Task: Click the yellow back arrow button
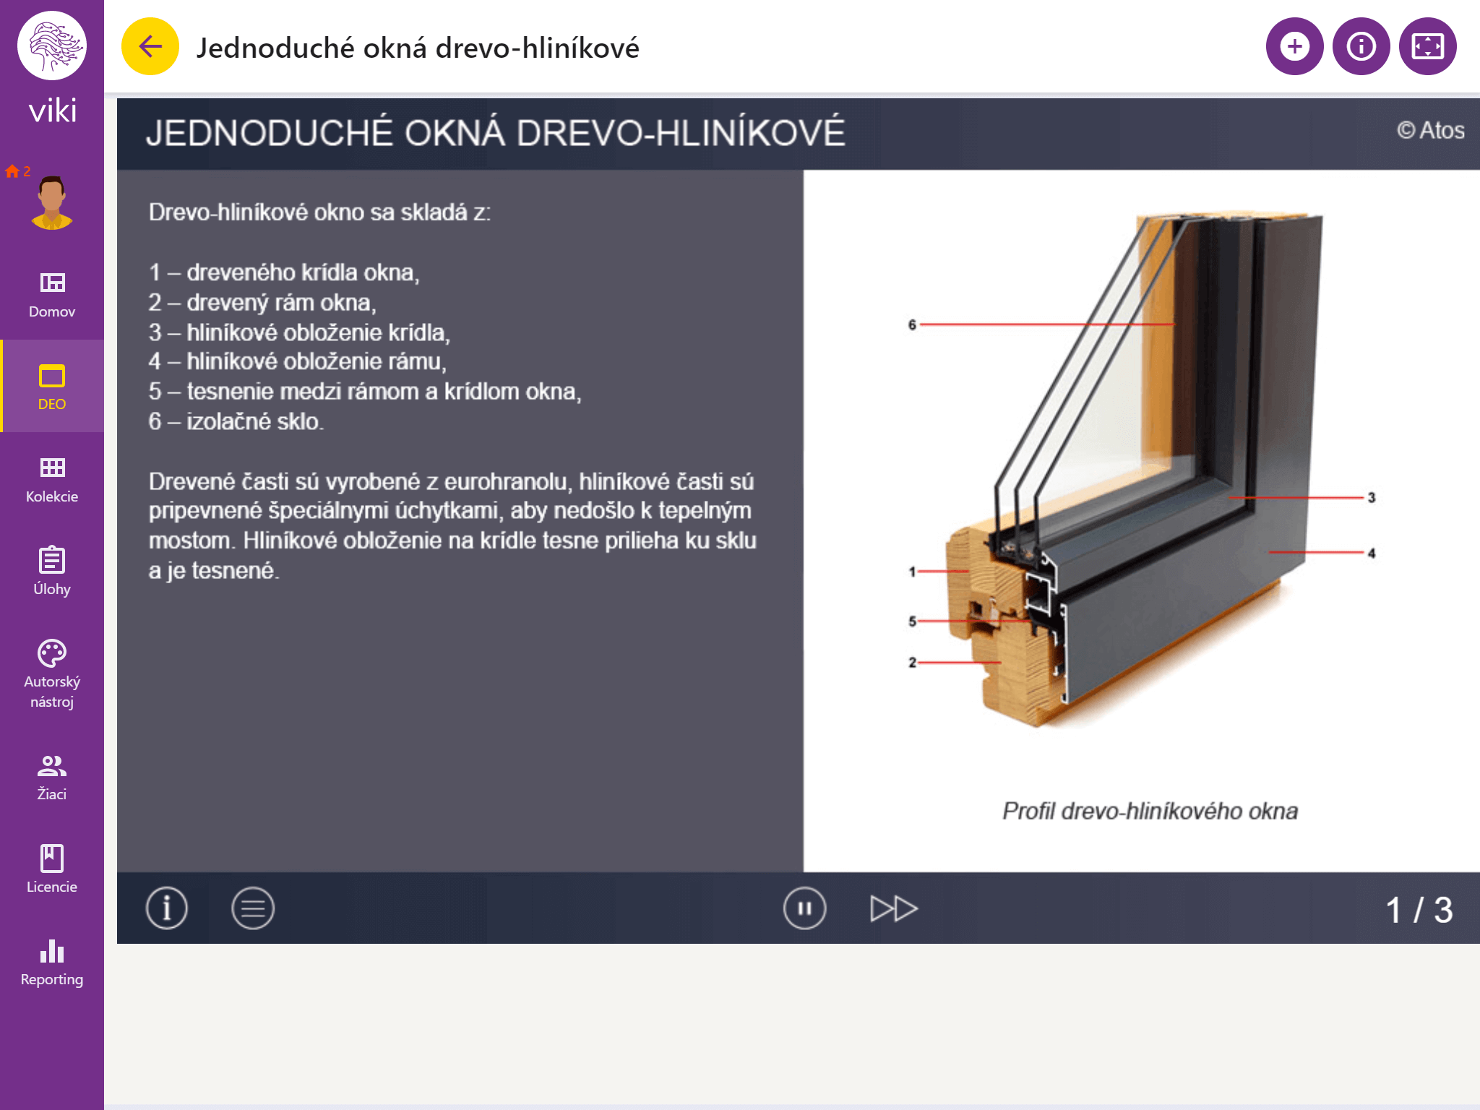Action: click(x=150, y=47)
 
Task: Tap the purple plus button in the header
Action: click(x=1294, y=47)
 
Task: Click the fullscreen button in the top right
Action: click(x=1427, y=47)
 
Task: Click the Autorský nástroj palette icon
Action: click(x=52, y=654)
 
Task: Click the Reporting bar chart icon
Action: click(x=52, y=951)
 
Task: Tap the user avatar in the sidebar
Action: click(x=51, y=202)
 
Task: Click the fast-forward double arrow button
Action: click(x=894, y=908)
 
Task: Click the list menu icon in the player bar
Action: click(x=253, y=908)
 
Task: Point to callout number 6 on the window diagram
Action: click(x=912, y=325)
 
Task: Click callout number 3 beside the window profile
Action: click(x=1371, y=498)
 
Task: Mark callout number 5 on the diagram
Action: click(x=912, y=621)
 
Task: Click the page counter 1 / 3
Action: click(x=1419, y=910)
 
